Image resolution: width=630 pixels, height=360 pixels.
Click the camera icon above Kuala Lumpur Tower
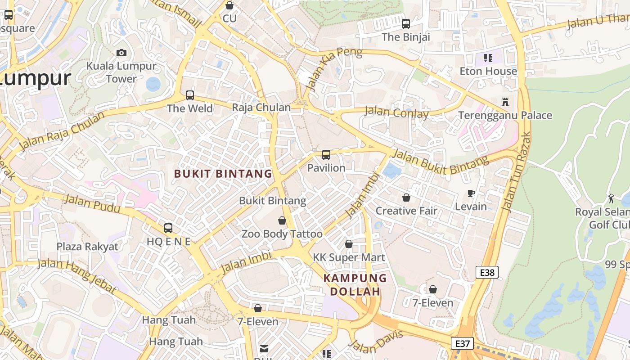coord(121,53)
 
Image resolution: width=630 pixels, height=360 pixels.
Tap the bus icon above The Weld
coord(190,95)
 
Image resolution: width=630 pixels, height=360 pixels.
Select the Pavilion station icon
coord(326,155)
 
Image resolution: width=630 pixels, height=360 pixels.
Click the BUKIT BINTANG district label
coord(223,174)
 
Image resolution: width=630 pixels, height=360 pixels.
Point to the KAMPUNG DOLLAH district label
coord(355,284)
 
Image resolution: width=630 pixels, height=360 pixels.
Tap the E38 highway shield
coord(487,272)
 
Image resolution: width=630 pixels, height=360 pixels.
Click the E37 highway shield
coord(462,344)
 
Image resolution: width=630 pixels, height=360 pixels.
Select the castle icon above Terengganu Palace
coord(505,102)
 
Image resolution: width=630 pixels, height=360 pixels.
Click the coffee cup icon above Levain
coord(471,193)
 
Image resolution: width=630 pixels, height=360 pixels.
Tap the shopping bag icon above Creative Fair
coord(406,198)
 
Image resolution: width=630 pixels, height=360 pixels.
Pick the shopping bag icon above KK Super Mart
coord(349,244)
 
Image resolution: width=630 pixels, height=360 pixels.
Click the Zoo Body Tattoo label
coord(282,234)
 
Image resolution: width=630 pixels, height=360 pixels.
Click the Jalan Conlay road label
coord(396,112)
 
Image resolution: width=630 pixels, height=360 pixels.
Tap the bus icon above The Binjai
coord(406,24)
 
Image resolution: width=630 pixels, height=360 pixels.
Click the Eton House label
coord(488,71)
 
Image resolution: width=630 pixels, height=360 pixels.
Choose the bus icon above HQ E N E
coord(168,228)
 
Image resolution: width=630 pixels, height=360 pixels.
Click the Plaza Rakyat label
coord(87,247)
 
